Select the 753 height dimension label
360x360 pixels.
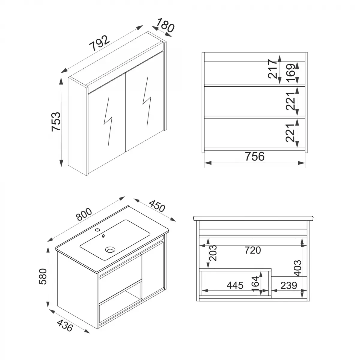point(56,121)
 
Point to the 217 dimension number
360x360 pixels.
point(273,69)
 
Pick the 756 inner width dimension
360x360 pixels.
point(254,156)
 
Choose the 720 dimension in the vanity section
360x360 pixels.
point(252,250)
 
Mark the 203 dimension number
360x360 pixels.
point(212,253)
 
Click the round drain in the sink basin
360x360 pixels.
point(110,249)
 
